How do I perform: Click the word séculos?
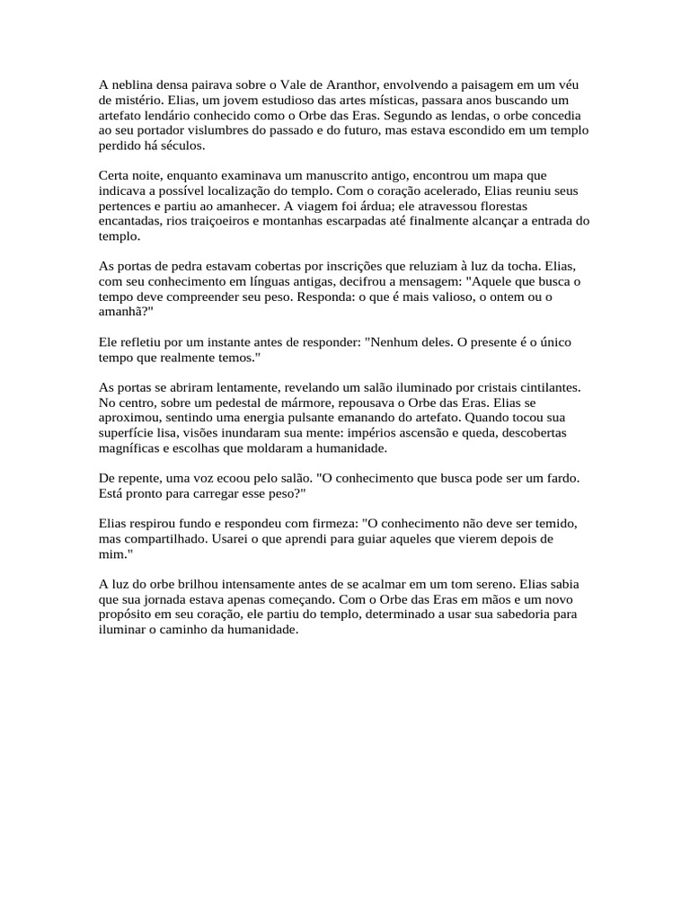tap(183, 146)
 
